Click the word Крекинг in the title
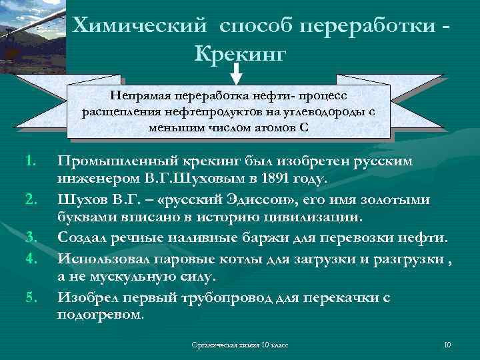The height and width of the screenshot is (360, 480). [x=240, y=51]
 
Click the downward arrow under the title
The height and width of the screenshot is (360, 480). [x=240, y=70]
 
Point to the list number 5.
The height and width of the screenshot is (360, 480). [x=30, y=297]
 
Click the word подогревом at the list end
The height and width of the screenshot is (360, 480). [x=100, y=315]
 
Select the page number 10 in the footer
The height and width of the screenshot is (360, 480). [x=447, y=345]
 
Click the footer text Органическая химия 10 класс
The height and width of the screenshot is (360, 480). [x=239, y=345]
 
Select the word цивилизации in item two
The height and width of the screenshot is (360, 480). [x=314, y=218]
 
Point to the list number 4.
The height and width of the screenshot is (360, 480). [x=30, y=257]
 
